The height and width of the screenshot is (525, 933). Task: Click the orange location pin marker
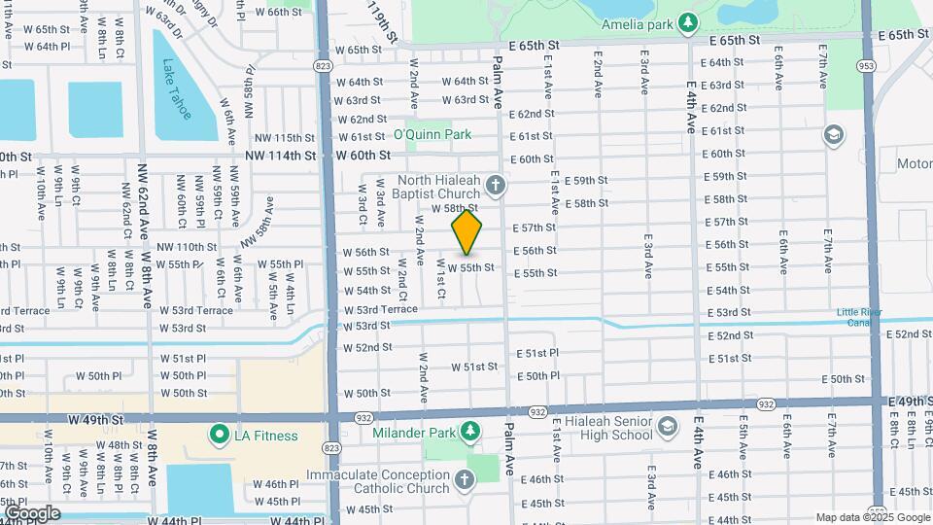pos(466,232)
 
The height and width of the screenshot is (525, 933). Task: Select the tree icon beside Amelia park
pos(688,22)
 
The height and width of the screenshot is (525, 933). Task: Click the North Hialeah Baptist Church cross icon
pos(496,185)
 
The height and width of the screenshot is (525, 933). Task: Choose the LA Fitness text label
pos(265,436)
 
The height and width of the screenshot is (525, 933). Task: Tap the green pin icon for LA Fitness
pos(219,435)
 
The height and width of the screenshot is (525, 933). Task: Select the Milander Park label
pos(415,432)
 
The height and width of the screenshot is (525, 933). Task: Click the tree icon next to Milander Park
pos(469,431)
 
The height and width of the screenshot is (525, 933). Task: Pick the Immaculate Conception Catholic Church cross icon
pos(464,480)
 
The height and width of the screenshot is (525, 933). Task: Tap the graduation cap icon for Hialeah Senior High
pos(668,425)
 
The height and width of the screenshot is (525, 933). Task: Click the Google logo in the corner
pos(31,512)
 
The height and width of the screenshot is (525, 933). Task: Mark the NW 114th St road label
pos(280,156)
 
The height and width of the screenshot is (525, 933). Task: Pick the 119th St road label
pos(382,21)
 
